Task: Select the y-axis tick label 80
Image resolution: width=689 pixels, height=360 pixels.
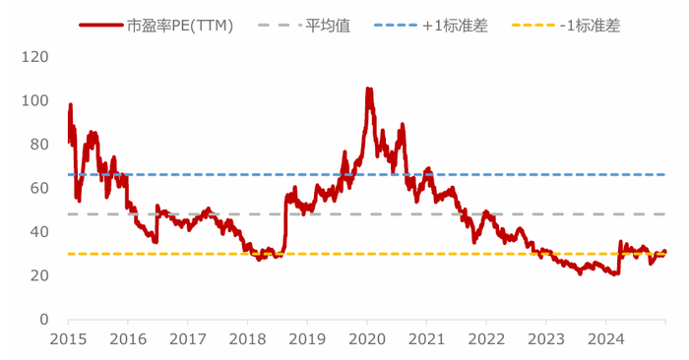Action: pos(39,145)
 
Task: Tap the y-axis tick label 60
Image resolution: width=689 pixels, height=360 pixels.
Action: pos(39,188)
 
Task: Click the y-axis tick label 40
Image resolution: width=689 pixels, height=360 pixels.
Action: pos(39,232)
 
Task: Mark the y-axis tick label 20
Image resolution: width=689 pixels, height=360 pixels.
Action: pos(39,275)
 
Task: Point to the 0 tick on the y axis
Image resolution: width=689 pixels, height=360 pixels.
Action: pos(44,320)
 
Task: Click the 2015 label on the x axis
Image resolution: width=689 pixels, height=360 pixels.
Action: pos(68,339)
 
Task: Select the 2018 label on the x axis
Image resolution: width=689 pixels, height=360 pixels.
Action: pos(247,339)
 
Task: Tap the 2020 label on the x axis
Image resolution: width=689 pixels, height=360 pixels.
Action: pos(366,339)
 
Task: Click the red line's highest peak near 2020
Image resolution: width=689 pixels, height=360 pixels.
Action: pos(368,89)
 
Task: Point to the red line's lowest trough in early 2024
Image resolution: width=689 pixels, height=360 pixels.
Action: pos(614,274)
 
